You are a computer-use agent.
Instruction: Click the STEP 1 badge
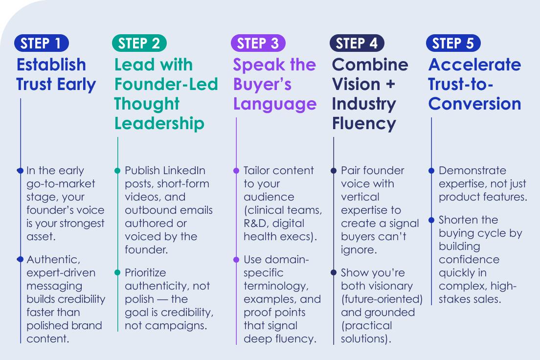(41, 43)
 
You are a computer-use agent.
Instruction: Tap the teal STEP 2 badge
(139, 43)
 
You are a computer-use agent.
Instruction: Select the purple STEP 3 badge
(258, 43)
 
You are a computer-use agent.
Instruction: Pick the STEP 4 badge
(357, 43)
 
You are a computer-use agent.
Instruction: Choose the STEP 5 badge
(453, 43)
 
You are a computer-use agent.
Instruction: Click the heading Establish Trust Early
(56, 74)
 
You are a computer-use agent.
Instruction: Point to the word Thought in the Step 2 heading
(147, 104)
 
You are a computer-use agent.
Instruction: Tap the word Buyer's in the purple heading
(262, 84)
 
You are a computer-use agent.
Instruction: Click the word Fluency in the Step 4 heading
(364, 123)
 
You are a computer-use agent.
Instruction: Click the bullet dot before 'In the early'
(20, 171)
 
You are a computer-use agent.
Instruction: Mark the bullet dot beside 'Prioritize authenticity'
(117, 272)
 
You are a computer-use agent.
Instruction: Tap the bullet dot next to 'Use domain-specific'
(236, 259)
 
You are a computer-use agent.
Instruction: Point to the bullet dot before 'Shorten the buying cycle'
(431, 220)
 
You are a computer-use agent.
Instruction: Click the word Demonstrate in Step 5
(466, 171)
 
